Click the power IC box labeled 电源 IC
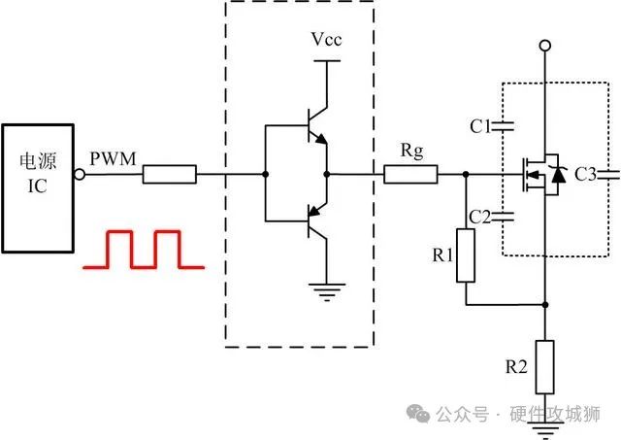38,186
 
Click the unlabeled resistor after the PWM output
170,176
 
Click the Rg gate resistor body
410,176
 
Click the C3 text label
586,176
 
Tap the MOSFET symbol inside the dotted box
540,176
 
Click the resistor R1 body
466,255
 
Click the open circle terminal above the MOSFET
544,46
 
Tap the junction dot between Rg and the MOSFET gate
466,176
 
